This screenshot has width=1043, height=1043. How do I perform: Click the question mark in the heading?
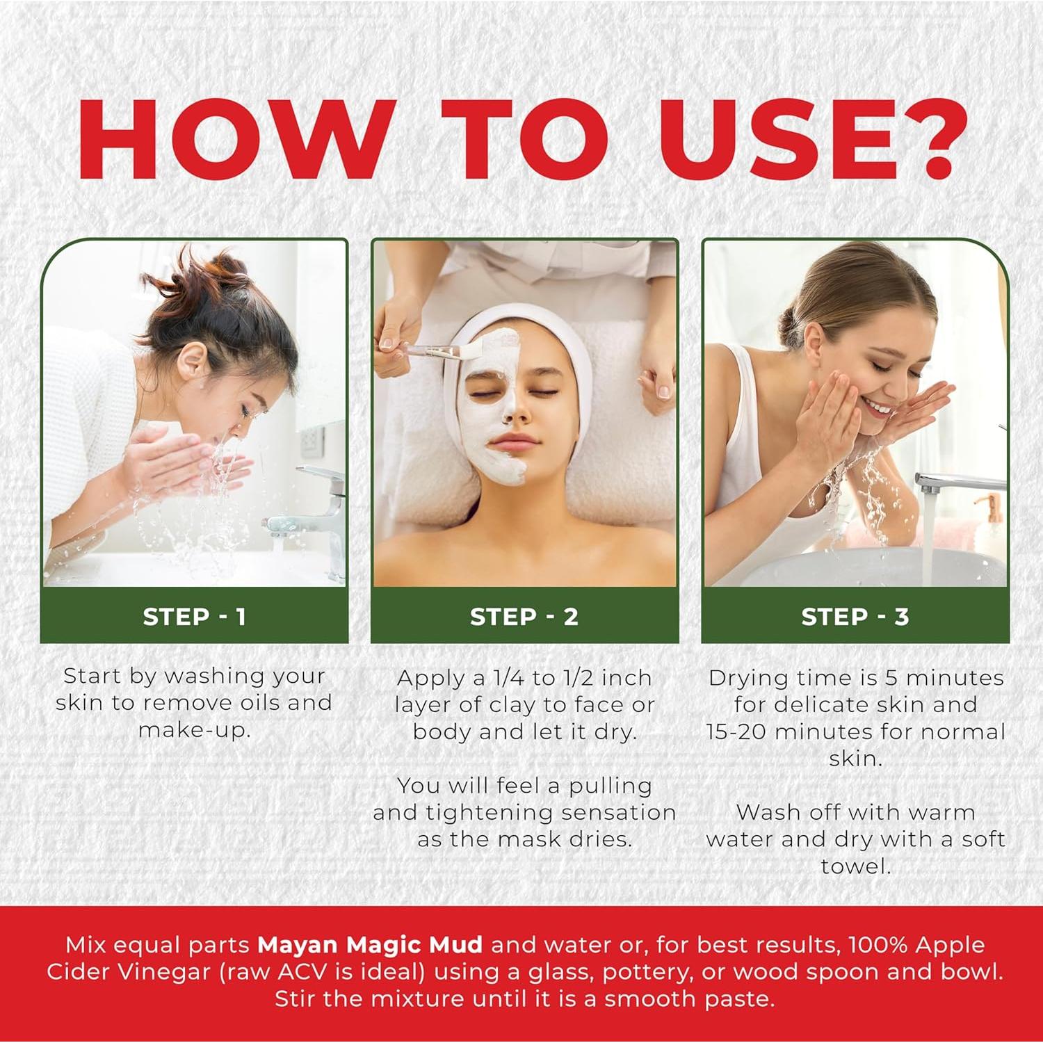[x=923, y=139]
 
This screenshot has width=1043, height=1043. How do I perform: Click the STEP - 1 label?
[x=194, y=617]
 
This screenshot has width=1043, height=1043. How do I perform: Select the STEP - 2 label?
[x=524, y=617]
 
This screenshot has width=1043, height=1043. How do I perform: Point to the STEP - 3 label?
[x=855, y=617]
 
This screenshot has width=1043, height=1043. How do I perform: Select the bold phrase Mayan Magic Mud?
[x=369, y=945]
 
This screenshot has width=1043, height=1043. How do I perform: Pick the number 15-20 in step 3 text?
[x=736, y=731]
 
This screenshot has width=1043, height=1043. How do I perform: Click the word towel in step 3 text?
[x=855, y=866]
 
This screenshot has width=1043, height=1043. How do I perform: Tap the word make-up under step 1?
[x=194, y=730]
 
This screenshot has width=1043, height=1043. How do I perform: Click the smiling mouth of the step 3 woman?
[x=878, y=408]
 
